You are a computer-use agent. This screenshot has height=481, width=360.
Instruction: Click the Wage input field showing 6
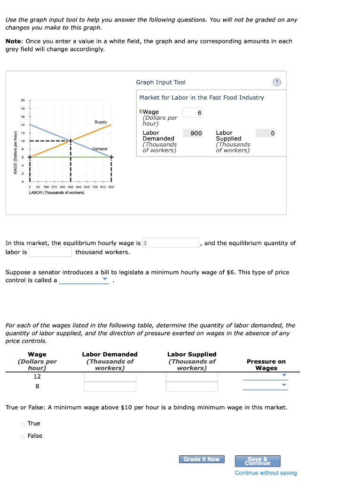pos(193,113)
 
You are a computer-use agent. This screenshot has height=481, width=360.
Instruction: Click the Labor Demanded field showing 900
pos(193,133)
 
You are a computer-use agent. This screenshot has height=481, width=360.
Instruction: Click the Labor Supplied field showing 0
pos(266,133)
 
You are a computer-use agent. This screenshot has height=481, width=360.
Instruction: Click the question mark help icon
pos(277,83)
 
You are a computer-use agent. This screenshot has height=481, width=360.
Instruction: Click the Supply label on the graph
pos(101,122)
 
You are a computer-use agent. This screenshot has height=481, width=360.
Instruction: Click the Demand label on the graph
pos(100,149)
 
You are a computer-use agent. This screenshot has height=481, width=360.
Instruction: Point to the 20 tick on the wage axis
pos(23,101)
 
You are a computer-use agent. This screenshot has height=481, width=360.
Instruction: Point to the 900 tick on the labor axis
pos(111,187)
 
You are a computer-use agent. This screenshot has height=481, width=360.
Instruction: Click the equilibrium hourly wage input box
pos(171,243)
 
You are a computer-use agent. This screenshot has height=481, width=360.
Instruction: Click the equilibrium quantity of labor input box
pos(50,252)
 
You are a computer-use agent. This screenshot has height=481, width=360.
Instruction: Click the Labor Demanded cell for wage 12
pos(110,377)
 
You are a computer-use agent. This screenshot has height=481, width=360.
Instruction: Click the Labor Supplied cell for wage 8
pos(192,387)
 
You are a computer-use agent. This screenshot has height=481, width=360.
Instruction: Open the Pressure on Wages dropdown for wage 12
pos(265,376)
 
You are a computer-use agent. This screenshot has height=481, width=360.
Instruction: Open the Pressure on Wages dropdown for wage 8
pos(265,386)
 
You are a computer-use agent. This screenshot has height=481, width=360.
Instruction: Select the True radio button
pos(22,424)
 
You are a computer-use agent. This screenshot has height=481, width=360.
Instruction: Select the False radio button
pos(22,436)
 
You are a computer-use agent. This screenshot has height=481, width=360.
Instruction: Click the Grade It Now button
pos(201,459)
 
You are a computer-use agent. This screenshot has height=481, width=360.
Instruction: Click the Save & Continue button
pos(264,461)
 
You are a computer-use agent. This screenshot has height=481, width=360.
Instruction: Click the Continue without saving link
pos(266,473)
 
